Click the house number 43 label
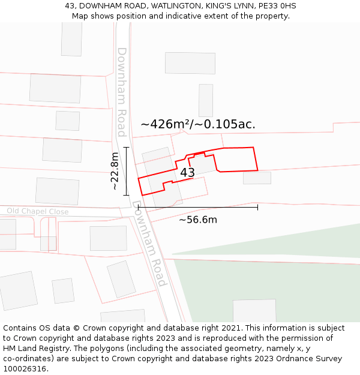187,173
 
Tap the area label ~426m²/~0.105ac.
198,124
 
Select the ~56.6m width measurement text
198,220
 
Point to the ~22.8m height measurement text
115,171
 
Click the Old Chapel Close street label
38,211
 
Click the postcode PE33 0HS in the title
277,5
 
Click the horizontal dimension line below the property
198,207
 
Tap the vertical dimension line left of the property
126,171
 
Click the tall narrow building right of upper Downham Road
206,100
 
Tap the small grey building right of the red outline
257,178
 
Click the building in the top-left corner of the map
72,39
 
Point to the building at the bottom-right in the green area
254,311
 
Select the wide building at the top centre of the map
190,63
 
